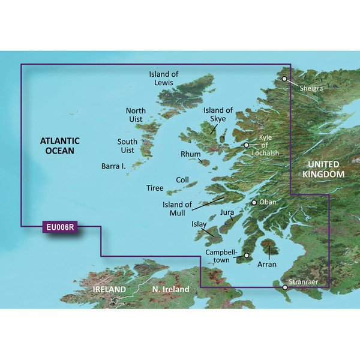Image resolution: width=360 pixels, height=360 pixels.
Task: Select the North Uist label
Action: point(136,115)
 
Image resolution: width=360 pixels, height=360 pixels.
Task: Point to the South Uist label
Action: point(127,146)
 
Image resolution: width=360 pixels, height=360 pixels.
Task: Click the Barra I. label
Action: point(113,166)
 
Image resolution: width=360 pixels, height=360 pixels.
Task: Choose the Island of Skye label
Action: point(218,115)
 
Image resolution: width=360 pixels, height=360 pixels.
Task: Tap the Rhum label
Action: point(191,154)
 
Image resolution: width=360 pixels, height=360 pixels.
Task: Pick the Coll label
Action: point(182,180)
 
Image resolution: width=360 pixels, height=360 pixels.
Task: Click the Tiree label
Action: point(155,188)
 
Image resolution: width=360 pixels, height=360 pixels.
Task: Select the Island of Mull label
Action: point(178,208)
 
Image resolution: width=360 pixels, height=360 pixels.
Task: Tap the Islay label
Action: point(199,224)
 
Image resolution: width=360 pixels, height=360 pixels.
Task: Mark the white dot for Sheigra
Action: point(284,79)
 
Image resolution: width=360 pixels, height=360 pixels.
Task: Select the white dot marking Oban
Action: point(254,202)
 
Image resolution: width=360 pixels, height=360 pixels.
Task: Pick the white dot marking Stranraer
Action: point(285,287)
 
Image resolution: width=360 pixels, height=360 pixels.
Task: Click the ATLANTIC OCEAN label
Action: point(57,146)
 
